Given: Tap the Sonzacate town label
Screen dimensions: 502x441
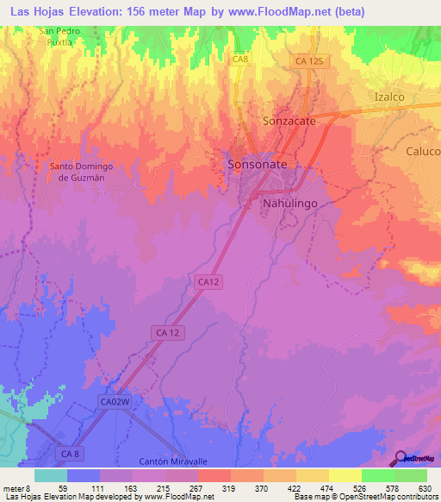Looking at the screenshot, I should tap(289, 122).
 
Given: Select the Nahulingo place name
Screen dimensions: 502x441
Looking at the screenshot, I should tap(289, 202).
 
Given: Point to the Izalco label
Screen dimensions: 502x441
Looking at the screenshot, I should tap(388, 97).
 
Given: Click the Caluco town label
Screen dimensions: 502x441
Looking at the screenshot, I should tap(423, 150).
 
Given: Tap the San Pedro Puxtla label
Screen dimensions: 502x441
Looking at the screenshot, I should tap(60, 35).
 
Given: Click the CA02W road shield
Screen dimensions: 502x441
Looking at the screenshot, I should tap(114, 402).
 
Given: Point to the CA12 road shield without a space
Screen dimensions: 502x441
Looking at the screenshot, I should tap(207, 281).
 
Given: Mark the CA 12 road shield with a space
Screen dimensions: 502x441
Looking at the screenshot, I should tap(167, 332).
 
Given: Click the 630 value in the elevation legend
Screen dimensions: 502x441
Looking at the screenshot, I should tap(425, 488).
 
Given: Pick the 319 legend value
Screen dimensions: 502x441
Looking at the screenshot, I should tap(230, 488).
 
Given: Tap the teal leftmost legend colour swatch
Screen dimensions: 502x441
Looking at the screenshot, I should tap(50, 475).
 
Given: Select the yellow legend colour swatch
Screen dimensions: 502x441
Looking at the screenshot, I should tap(345, 475).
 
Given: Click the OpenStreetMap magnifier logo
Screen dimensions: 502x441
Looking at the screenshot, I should tap(400, 458).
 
